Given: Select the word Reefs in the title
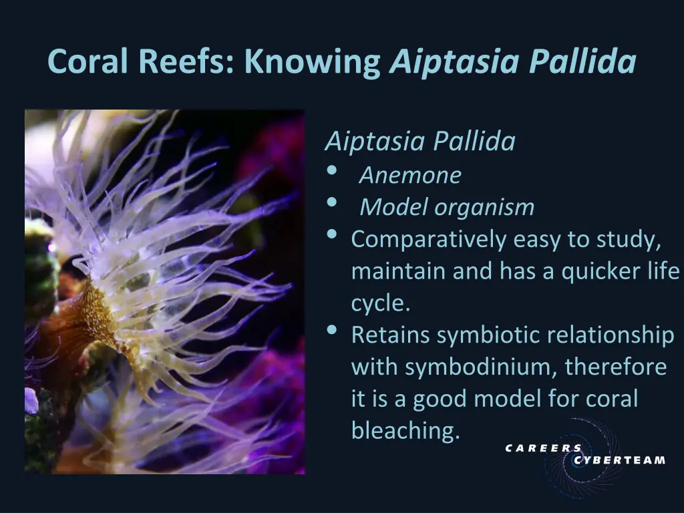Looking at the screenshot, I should pyautogui.click(x=186, y=62).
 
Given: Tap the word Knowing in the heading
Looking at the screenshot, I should pyautogui.click(x=312, y=62).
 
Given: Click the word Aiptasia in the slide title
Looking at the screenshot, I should pyautogui.click(x=454, y=62).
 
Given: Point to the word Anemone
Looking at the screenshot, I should pyautogui.click(x=410, y=175).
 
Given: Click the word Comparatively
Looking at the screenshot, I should pyautogui.click(x=429, y=239).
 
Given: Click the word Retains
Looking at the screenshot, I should pyautogui.click(x=391, y=335).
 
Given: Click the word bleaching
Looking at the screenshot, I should pyautogui.click(x=405, y=431).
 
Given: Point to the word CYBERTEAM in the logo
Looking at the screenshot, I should pyautogui.click(x=619, y=460).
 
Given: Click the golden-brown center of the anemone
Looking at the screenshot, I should pyautogui.click(x=100, y=314).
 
